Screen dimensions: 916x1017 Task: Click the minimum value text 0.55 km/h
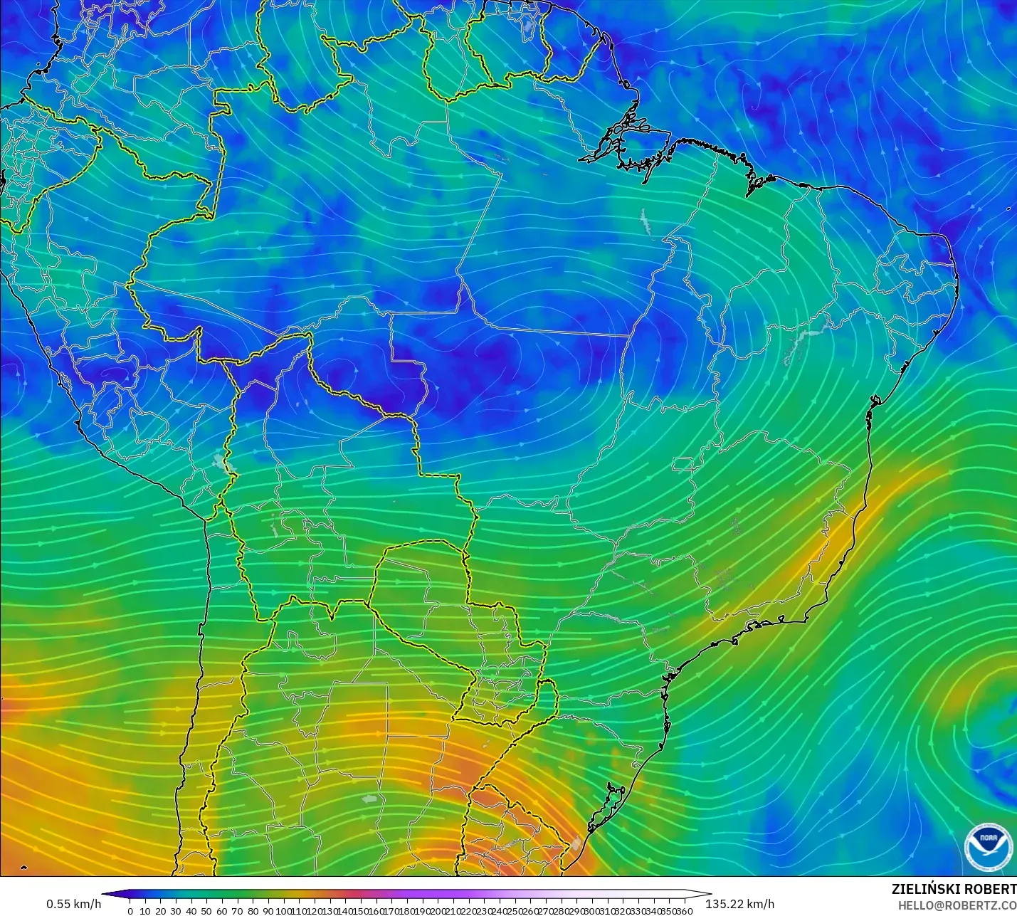coord(74,904)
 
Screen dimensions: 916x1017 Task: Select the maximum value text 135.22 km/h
coord(739,904)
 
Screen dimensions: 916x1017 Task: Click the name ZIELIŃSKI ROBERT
coord(954,889)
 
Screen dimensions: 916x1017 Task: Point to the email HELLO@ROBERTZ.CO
coord(957,905)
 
